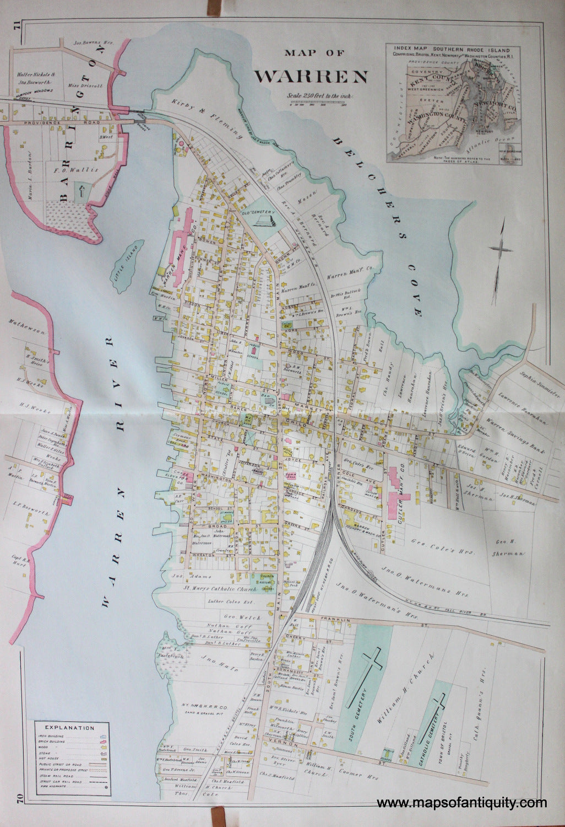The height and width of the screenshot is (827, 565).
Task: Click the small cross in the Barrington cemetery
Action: pyautogui.click(x=81, y=192)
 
